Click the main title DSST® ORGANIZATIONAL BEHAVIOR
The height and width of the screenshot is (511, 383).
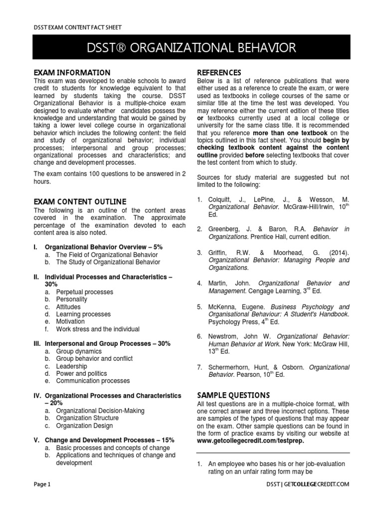coord(191,48)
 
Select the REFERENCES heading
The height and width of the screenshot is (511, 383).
coord(219,72)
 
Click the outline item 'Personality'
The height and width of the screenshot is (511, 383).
coord(71,299)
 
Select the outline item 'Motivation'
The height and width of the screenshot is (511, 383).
coord(71,322)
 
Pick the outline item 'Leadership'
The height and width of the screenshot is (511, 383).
coord(71,366)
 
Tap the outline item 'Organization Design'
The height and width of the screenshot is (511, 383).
coord(84,426)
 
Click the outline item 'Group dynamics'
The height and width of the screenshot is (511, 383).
coord(78,351)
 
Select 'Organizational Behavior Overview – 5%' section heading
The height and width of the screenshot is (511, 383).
coord(104,247)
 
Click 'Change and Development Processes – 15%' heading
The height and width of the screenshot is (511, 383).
coord(110,440)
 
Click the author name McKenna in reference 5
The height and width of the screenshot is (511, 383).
coord(222,306)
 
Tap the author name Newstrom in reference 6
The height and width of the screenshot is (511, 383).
coord(225,336)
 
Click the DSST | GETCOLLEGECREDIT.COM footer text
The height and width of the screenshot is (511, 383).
coord(308,484)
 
